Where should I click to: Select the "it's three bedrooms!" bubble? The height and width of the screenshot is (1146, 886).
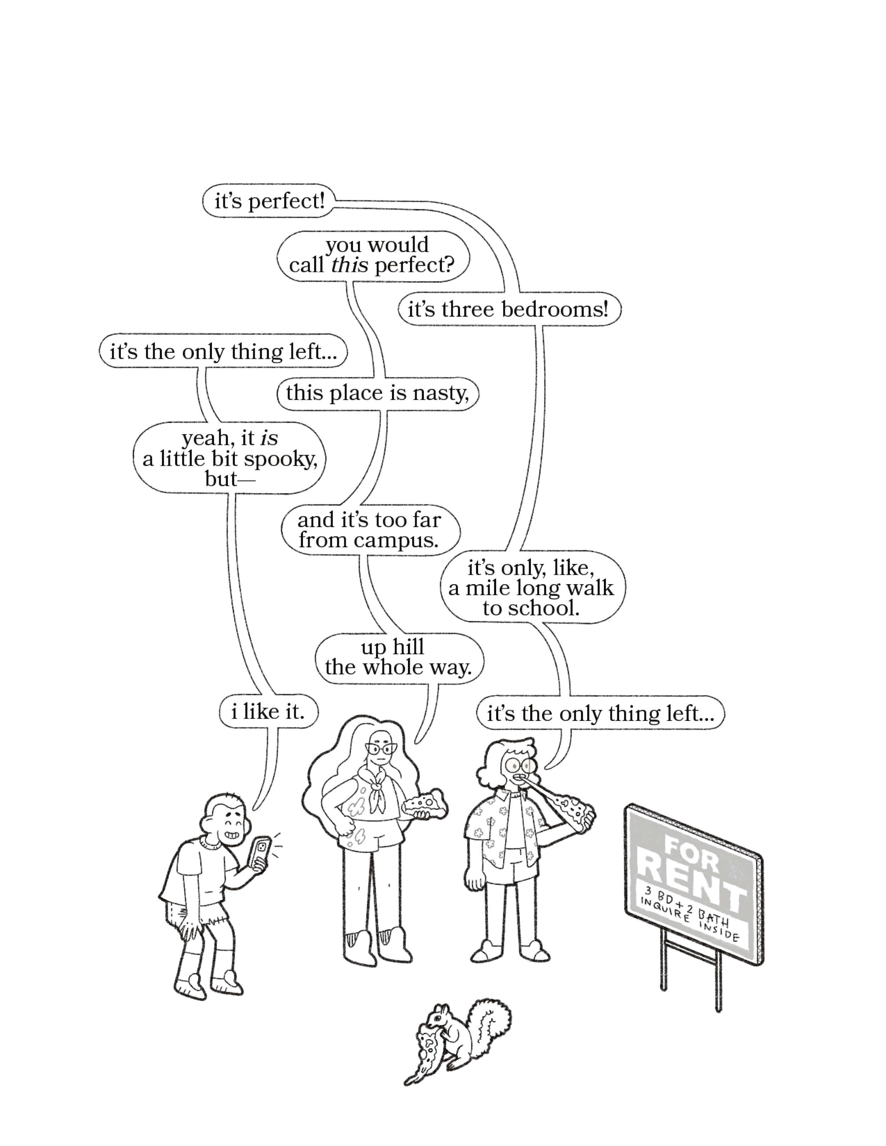(508, 310)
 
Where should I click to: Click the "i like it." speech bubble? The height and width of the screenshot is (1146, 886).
(268, 712)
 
